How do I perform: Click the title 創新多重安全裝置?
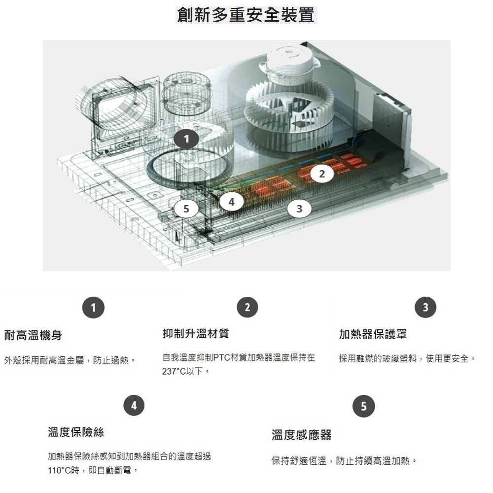click(x=246, y=15)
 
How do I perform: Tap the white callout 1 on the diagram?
click(x=186, y=140)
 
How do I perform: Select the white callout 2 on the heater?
click(x=322, y=175)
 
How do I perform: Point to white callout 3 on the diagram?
click(x=299, y=209)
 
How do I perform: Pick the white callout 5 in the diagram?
click(x=186, y=209)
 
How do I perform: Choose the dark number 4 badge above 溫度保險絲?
click(x=134, y=405)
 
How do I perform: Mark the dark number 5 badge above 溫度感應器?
click(x=364, y=407)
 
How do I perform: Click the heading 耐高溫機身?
click(x=33, y=335)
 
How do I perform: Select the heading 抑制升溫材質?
click(x=196, y=334)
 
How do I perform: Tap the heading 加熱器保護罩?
click(x=373, y=334)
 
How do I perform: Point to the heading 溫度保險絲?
click(x=76, y=432)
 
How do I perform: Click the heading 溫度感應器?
click(x=302, y=435)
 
